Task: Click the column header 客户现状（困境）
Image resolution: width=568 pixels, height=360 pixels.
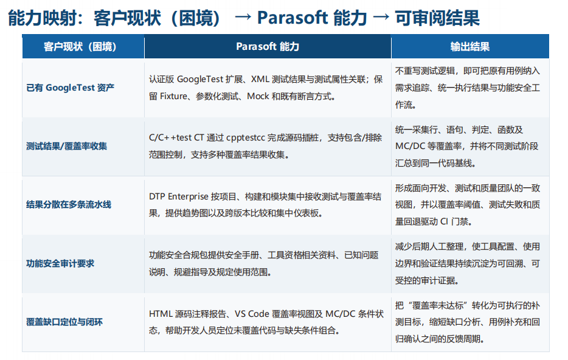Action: coord(80,47)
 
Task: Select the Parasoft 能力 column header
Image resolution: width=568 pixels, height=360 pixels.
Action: coord(268,47)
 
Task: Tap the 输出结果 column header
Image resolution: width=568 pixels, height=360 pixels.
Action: coord(470,47)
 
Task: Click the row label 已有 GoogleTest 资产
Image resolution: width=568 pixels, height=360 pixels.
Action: coord(71,88)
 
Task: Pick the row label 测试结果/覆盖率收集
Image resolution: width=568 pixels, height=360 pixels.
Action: coord(67,147)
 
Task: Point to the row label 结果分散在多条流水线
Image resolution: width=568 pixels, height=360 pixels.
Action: coord(69,204)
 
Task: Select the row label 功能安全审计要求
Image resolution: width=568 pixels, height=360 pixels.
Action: coord(60,263)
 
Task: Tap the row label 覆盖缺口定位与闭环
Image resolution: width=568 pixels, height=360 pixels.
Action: coord(64,322)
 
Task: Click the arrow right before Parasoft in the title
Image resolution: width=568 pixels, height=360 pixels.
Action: coord(242,16)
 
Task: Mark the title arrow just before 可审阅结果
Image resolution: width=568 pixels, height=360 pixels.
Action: coord(381,16)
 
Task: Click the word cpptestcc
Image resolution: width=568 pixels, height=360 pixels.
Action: coord(246,138)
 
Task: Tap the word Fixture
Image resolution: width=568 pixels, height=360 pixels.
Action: coord(173,96)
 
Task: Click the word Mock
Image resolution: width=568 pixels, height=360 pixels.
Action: coord(258,96)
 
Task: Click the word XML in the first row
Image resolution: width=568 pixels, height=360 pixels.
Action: coord(260,79)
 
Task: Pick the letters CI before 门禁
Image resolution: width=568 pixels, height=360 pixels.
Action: coord(444,221)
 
